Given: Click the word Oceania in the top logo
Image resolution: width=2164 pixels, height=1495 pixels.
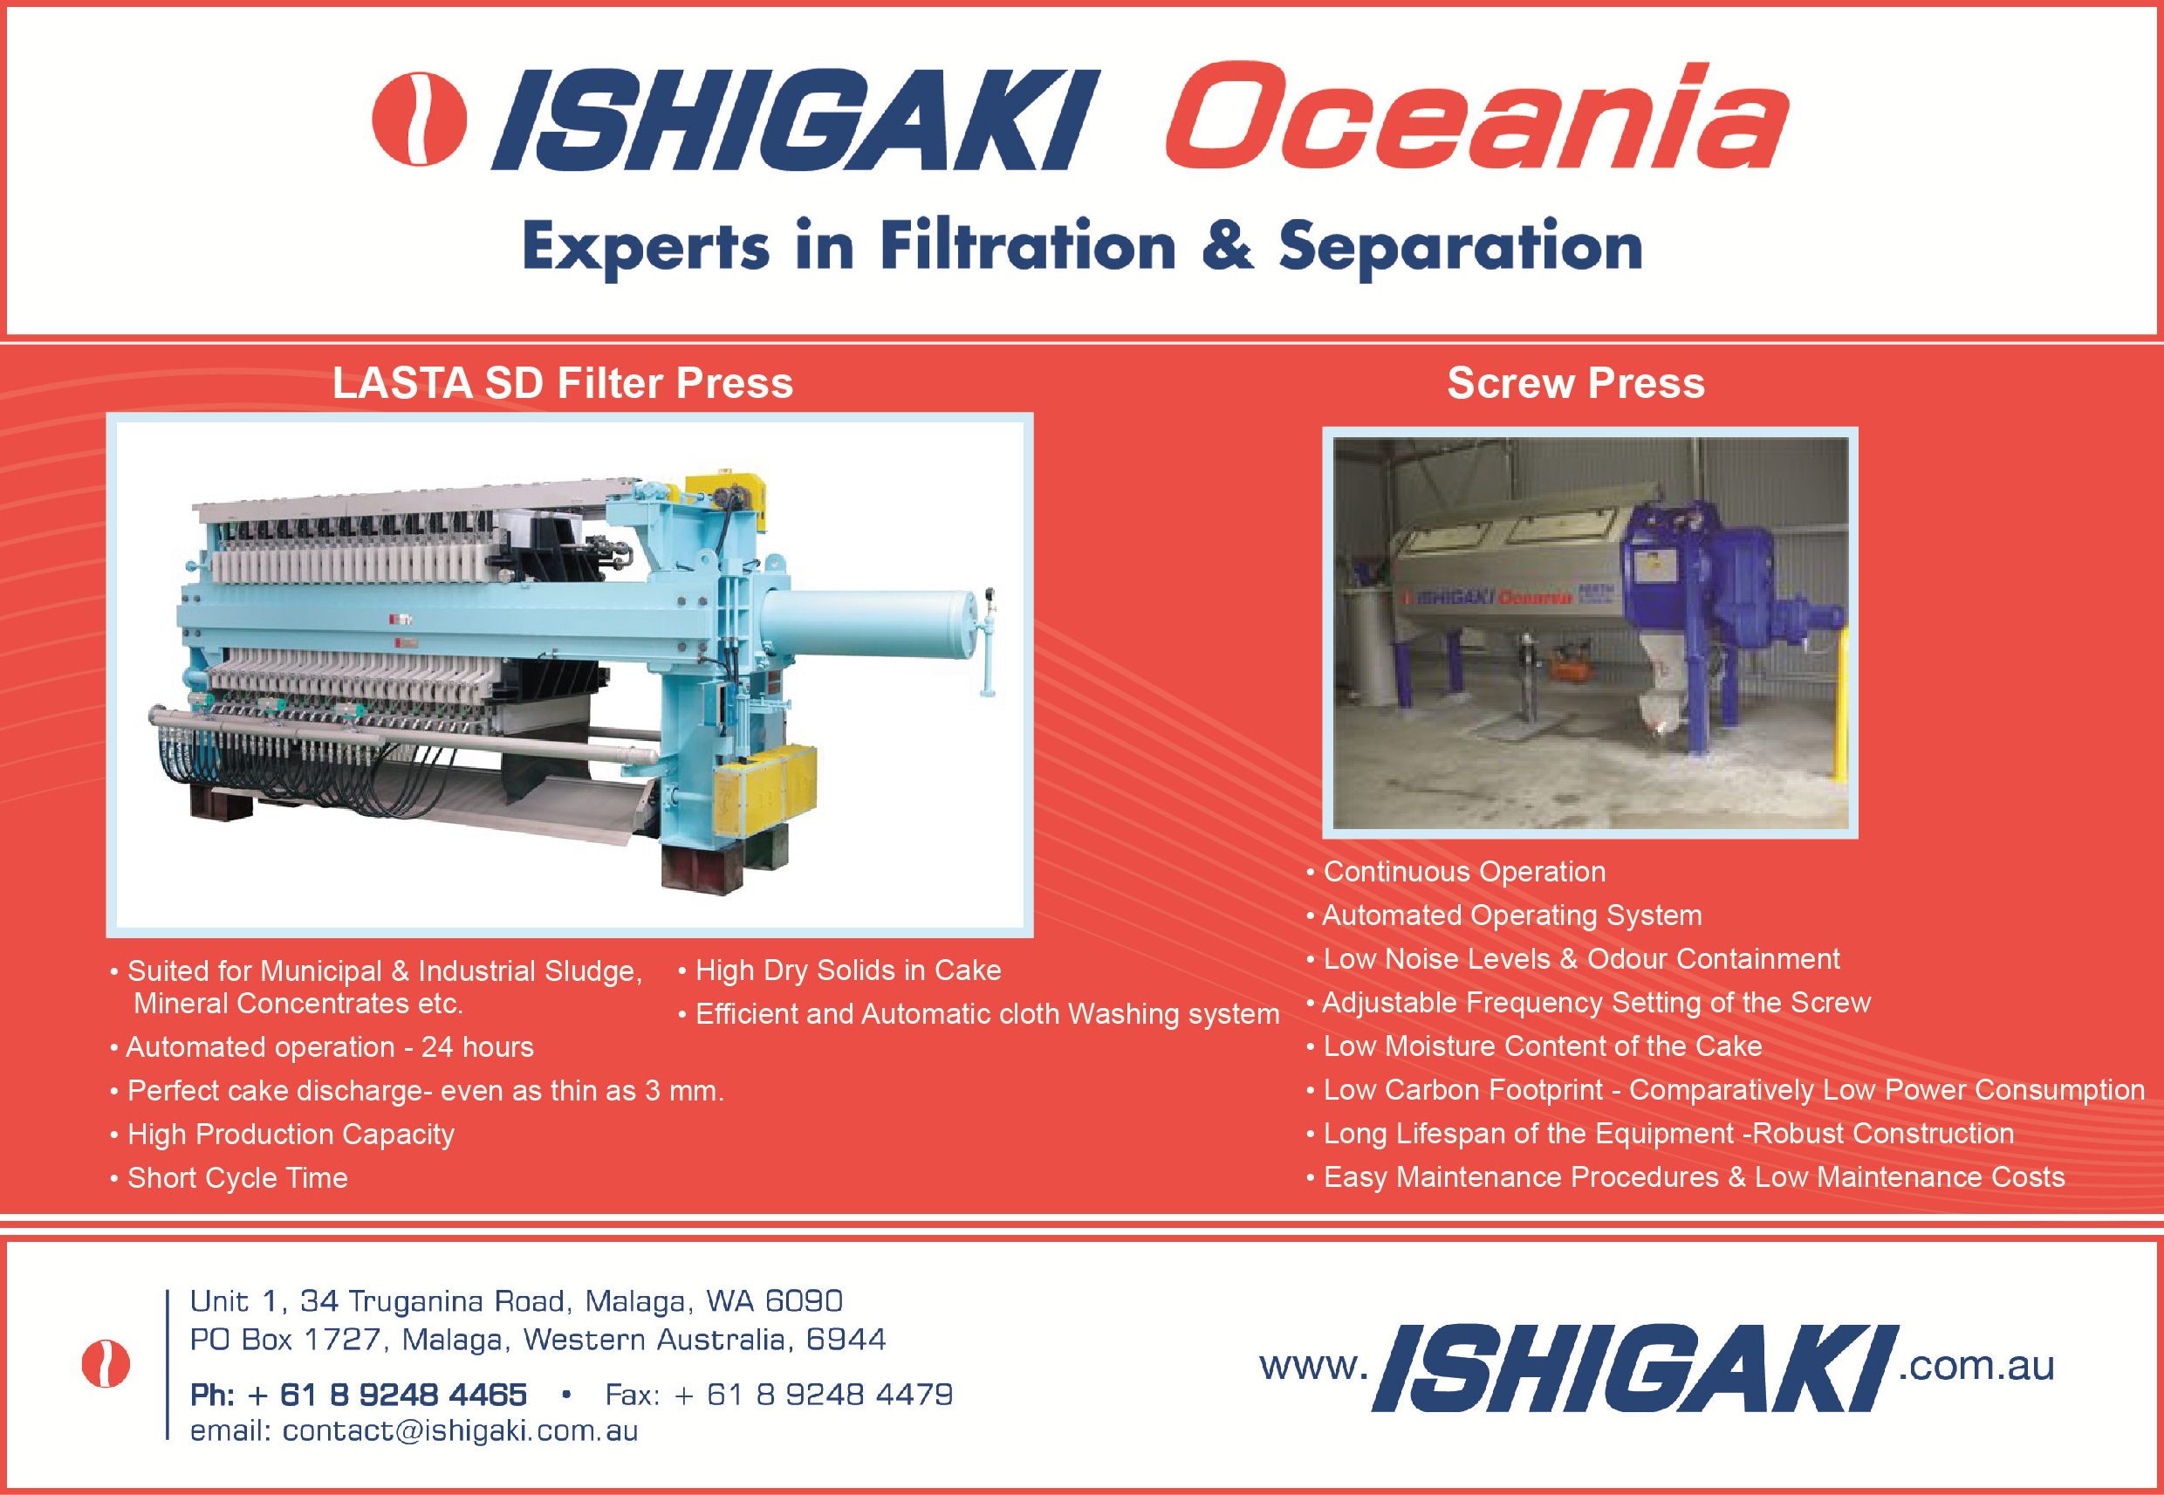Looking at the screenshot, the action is pyautogui.click(x=1476, y=116).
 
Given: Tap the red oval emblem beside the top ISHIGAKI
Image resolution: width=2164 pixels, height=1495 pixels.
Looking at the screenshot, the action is pyautogui.click(x=420, y=119).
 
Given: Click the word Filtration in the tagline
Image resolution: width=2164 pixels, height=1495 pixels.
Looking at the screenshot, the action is pyautogui.click(x=1027, y=245).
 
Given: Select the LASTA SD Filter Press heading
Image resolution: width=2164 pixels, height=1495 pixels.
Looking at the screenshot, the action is pyautogui.click(x=563, y=383).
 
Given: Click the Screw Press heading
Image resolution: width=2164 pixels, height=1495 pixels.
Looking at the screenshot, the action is pyautogui.click(x=1576, y=383).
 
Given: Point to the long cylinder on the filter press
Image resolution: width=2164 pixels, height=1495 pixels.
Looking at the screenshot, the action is pyautogui.click(x=871, y=623).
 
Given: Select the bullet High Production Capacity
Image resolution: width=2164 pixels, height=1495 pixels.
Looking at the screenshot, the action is pyautogui.click(x=283, y=1135).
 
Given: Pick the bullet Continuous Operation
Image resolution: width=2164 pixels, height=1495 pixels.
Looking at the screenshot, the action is pyautogui.click(x=1456, y=872).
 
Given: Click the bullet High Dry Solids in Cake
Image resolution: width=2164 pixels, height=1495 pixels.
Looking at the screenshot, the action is pyautogui.click(x=840, y=970).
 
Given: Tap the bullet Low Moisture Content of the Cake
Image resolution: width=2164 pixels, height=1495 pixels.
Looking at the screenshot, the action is pyautogui.click(x=1534, y=1046).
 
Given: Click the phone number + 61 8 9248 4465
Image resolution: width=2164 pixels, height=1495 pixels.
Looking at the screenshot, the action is pyautogui.click(x=387, y=1395).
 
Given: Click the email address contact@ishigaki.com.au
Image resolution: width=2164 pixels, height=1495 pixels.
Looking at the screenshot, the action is pyautogui.click(x=460, y=1431).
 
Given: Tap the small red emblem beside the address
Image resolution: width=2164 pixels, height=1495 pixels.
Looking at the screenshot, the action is pyautogui.click(x=106, y=1363).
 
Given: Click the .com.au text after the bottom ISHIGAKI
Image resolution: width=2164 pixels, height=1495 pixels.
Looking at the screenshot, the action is pyautogui.click(x=1976, y=1366).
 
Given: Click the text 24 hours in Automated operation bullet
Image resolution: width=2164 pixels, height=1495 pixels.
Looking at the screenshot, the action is pyautogui.click(x=477, y=1047).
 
